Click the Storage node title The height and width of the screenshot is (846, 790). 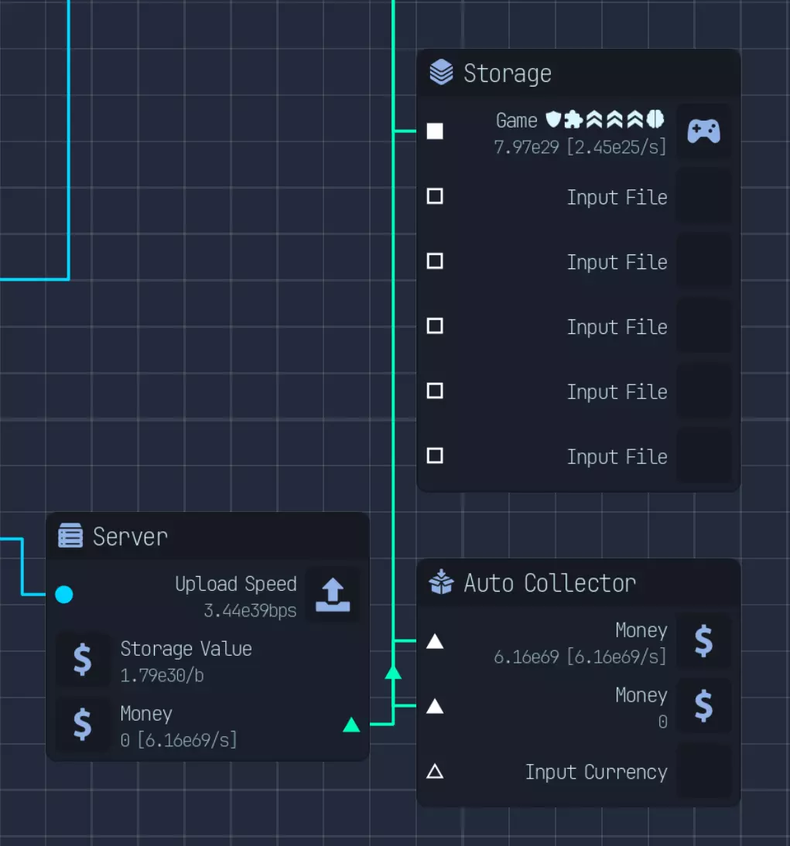click(507, 74)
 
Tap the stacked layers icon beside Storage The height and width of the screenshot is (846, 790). click(441, 72)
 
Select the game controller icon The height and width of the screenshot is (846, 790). click(703, 131)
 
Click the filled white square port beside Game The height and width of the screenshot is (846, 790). click(435, 131)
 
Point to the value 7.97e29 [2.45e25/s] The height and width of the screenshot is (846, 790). click(580, 147)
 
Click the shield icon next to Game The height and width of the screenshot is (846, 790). click(553, 118)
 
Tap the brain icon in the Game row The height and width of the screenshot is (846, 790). click(655, 118)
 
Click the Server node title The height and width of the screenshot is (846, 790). click(130, 537)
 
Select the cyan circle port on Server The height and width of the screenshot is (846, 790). click(63, 595)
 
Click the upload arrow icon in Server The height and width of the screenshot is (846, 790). click(333, 595)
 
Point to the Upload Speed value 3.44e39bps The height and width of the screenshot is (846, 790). click(250, 611)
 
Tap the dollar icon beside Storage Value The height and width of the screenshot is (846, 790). click(82, 660)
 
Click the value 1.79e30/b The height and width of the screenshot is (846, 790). click(162, 676)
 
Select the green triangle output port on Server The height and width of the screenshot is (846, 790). click(351, 725)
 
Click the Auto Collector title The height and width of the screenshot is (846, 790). click(549, 583)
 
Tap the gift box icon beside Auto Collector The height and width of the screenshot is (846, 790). click(441, 582)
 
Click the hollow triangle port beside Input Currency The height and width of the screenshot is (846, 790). click(435, 772)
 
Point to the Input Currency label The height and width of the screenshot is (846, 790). click(596, 772)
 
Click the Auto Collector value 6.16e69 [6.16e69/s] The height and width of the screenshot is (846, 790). click(580, 657)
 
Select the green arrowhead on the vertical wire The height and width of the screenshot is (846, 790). click(393, 672)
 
